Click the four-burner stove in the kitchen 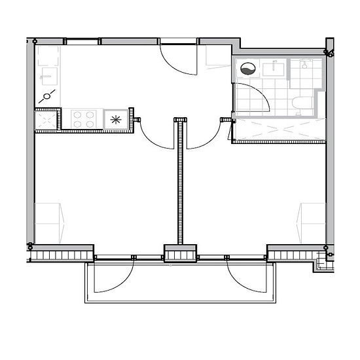coord(83,118)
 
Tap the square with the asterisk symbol coord(116,119)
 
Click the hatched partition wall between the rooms coord(179,183)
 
